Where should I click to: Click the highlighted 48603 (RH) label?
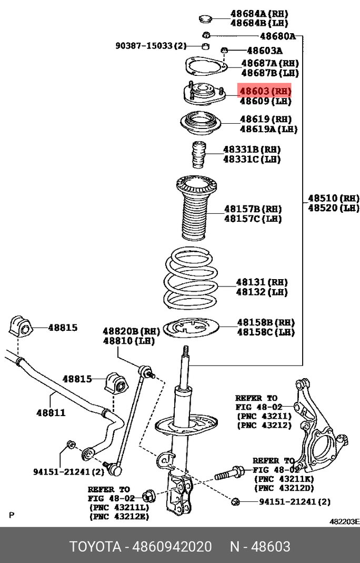coord(265,91)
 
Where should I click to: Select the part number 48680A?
coord(278,36)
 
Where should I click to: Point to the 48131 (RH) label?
coord(262,282)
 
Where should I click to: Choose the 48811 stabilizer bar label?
coord(51,412)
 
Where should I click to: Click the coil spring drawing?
coord(189,279)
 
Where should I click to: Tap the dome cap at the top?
coord(206,19)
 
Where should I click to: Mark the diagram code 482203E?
coord(344,521)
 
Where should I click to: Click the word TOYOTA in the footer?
coord(95,547)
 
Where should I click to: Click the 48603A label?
coord(265,51)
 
